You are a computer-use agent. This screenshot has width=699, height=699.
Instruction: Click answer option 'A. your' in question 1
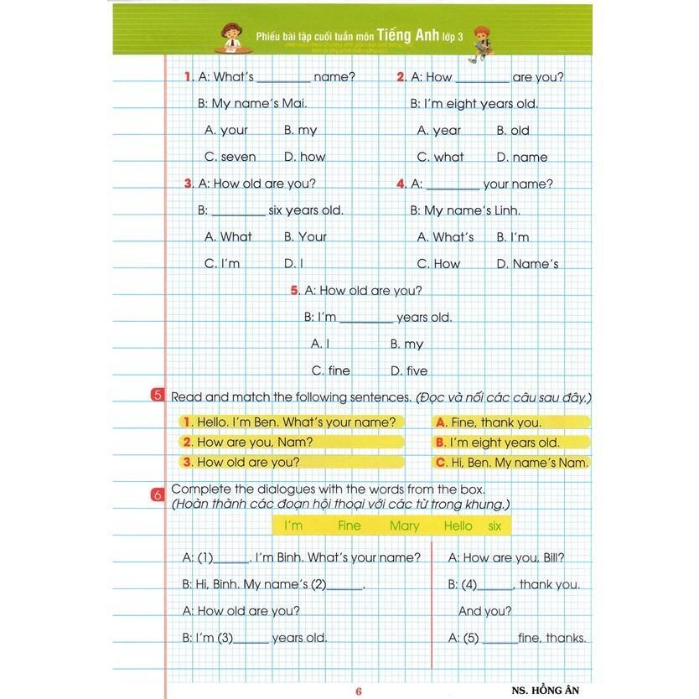(226, 130)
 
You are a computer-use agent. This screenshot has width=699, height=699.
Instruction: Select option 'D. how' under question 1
(304, 157)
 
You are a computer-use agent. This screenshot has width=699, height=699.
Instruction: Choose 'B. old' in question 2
(513, 130)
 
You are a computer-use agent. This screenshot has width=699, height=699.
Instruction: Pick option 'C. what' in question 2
(440, 157)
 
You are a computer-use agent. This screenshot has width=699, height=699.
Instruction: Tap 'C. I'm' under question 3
(222, 263)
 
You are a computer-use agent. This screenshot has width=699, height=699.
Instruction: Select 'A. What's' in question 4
(445, 237)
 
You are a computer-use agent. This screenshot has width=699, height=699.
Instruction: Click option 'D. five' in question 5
(408, 370)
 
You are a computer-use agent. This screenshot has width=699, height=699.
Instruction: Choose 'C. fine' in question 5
(330, 370)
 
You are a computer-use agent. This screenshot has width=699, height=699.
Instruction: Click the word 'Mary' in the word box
(404, 526)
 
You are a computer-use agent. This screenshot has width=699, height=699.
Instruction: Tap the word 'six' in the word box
(494, 526)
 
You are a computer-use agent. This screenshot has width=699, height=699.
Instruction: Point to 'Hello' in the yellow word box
(458, 526)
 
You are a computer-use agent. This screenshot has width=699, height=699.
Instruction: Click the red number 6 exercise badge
(158, 495)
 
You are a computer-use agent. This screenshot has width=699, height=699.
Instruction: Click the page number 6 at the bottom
(358, 691)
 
